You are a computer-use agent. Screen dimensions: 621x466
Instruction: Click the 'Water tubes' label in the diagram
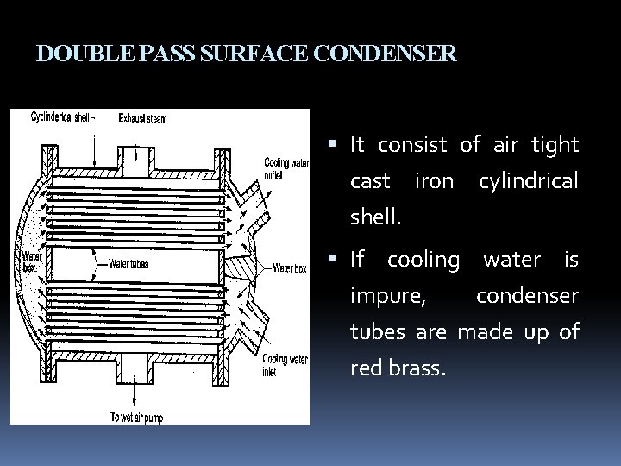[x=129, y=264]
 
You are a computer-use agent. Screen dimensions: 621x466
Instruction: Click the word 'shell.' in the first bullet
[x=375, y=217]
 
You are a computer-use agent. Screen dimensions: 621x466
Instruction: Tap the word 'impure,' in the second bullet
[x=387, y=295]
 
